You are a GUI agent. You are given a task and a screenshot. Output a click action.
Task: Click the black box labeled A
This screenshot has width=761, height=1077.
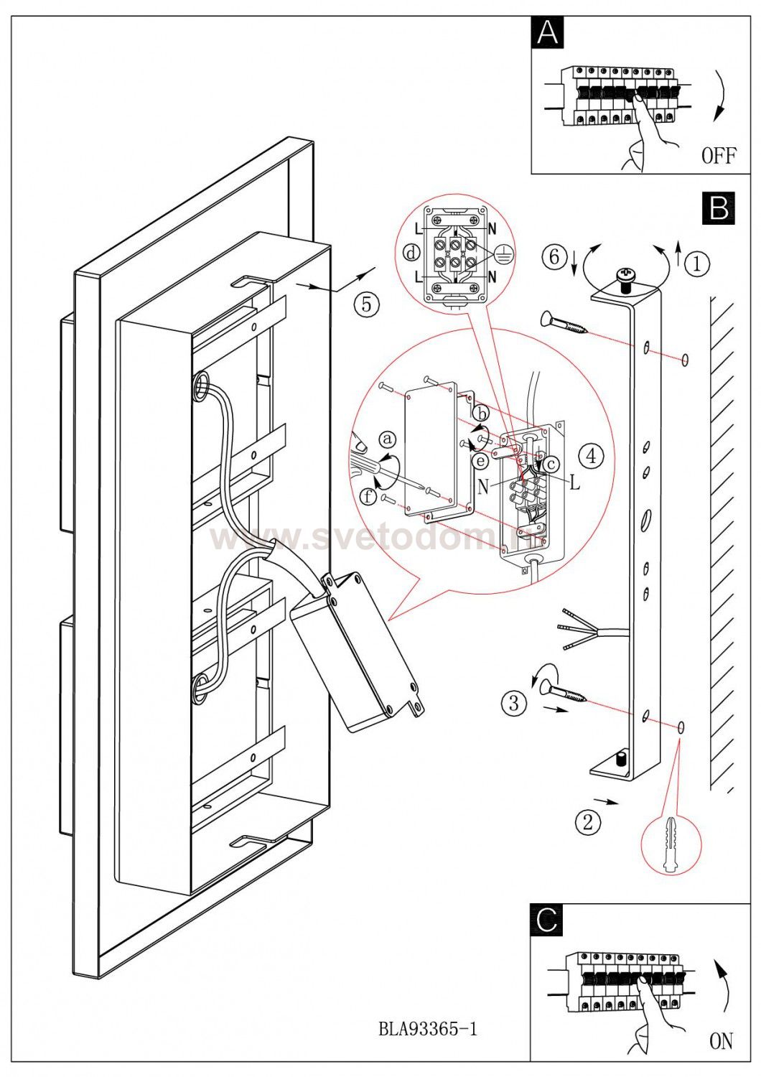(x=548, y=33)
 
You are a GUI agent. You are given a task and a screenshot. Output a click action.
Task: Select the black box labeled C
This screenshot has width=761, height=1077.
(x=547, y=920)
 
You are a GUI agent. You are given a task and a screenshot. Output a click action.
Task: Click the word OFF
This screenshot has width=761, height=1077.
(x=719, y=155)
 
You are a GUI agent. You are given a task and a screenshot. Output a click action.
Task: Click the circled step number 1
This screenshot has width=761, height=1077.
(x=696, y=264)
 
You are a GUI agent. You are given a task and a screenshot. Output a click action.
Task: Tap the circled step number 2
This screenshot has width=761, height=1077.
(x=588, y=822)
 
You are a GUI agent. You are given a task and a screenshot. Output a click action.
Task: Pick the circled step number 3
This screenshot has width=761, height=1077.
(x=513, y=702)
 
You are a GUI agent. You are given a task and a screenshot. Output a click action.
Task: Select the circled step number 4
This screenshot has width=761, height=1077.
(x=590, y=454)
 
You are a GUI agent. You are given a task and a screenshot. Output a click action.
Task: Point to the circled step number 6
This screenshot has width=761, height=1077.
(x=554, y=257)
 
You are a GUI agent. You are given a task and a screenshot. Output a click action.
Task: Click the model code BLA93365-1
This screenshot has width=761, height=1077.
(x=427, y=1029)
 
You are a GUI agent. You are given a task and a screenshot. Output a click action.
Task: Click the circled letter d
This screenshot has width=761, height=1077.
(x=412, y=253)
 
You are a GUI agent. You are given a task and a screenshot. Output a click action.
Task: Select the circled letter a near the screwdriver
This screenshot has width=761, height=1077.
(x=388, y=438)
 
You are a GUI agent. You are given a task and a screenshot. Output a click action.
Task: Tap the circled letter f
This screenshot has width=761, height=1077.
(x=368, y=495)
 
